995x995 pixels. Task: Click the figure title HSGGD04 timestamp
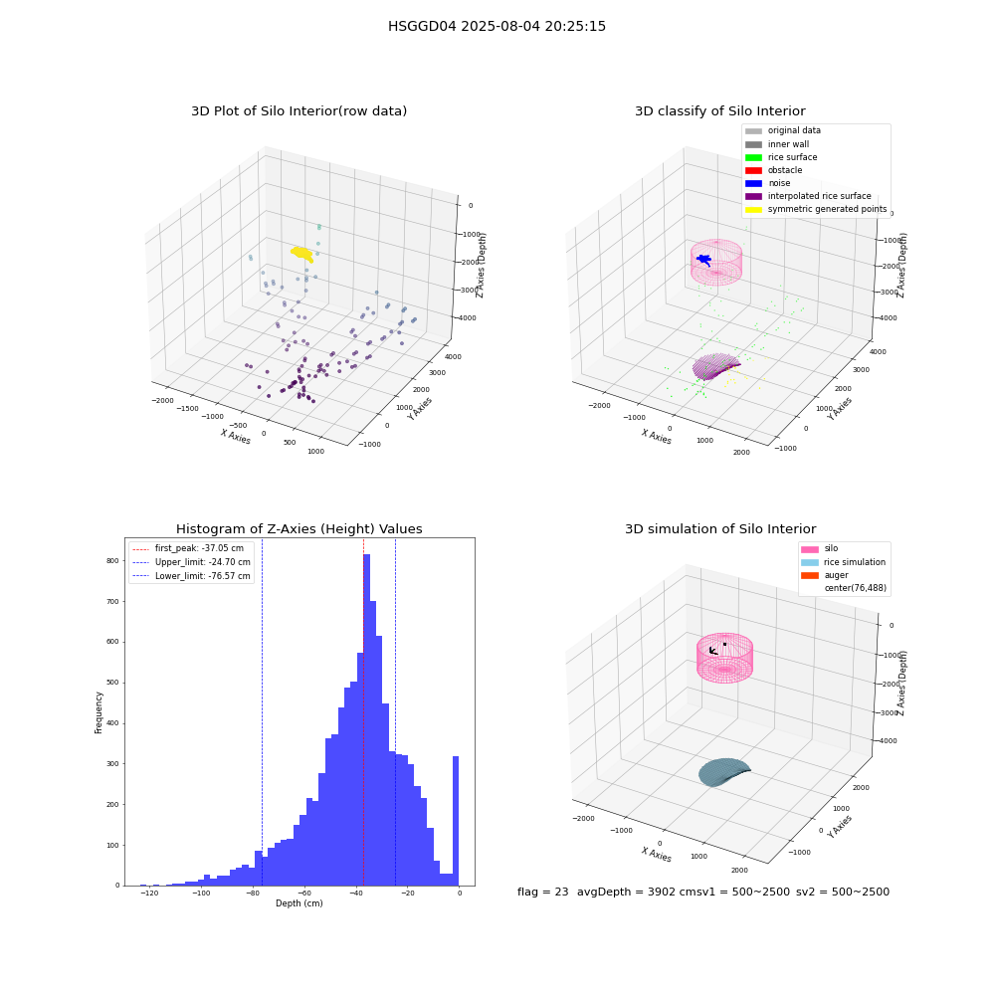click(497, 26)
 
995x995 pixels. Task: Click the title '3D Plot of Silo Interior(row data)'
click(298, 111)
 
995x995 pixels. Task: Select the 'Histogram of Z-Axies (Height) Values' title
click(298, 528)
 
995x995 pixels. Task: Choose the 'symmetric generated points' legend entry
click(816, 209)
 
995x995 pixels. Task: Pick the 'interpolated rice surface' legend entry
click(808, 196)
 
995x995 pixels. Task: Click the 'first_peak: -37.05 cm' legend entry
click(189, 548)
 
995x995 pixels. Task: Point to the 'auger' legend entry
click(824, 575)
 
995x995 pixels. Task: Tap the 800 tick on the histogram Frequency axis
click(112, 560)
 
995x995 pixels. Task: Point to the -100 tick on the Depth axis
click(201, 894)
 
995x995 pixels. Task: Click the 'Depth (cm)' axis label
click(298, 903)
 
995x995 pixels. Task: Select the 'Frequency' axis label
click(99, 712)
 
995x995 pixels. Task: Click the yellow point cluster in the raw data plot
click(302, 254)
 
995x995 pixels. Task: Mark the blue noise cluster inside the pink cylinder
click(703, 260)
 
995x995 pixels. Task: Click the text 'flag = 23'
click(542, 892)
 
